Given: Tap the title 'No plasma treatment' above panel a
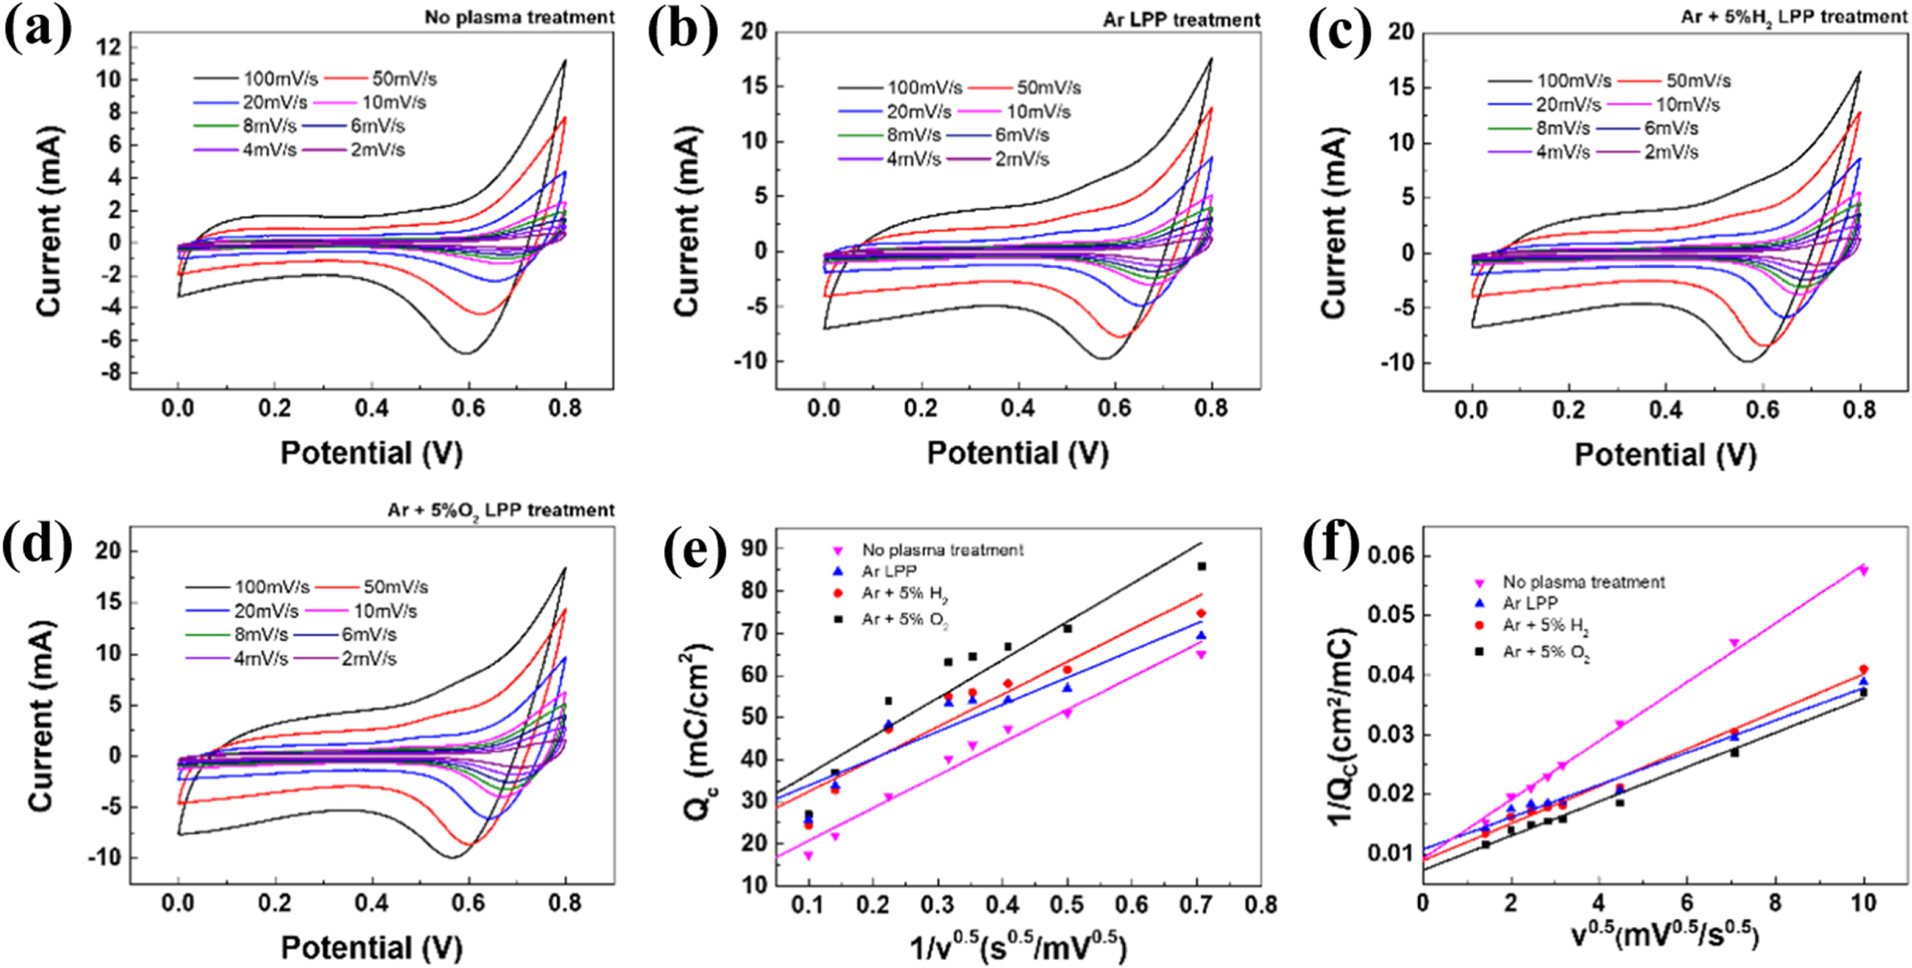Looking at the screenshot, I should (519, 17).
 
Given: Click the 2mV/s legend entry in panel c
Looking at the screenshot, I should (1671, 152).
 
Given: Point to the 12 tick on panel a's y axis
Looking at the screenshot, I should (109, 47).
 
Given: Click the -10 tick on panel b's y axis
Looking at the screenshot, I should (750, 361).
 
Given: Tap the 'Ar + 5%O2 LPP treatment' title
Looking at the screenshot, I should (501, 510).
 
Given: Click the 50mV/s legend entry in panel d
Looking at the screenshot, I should (395, 587).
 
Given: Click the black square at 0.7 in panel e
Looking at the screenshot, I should (1202, 566).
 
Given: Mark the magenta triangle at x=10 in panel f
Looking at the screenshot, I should (1864, 570).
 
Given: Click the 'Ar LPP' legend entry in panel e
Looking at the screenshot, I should (889, 572).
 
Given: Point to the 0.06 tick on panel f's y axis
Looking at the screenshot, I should (1391, 555).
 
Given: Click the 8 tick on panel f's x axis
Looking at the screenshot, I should (1775, 902).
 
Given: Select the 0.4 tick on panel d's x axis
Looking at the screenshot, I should (371, 902).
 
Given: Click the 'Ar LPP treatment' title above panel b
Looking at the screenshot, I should (1181, 19).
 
